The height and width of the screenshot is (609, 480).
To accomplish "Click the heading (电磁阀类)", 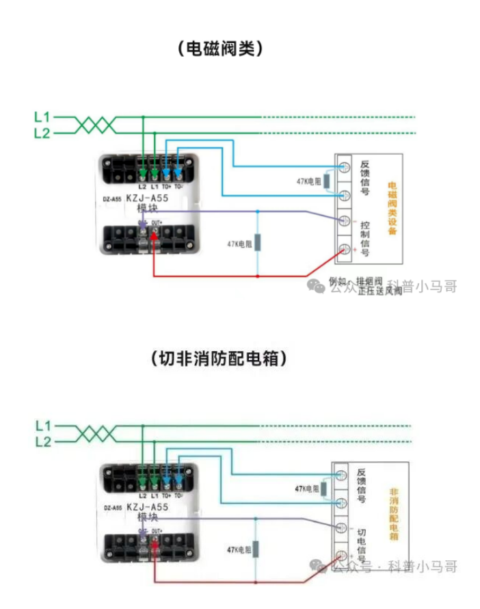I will click(219, 49).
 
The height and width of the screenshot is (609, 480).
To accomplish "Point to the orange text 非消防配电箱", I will click(393, 515).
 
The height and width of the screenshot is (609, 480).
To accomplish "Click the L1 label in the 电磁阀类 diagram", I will click(42, 117).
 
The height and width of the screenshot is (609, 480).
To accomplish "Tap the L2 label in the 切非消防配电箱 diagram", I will click(42, 442).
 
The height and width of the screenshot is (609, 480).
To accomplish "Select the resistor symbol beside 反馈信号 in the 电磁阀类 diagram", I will click(327, 181).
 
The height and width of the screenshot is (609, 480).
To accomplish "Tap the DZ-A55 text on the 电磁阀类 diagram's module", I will click(112, 200).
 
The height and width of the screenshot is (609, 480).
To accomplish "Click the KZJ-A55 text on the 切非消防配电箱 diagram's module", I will click(147, 507).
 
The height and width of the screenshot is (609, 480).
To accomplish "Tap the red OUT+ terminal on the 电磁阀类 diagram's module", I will click(155, 237).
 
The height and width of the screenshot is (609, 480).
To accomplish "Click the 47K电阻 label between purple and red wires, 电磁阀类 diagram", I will click(239, 244).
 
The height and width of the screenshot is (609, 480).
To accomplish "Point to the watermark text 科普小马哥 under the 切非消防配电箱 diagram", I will click(422, 566).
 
